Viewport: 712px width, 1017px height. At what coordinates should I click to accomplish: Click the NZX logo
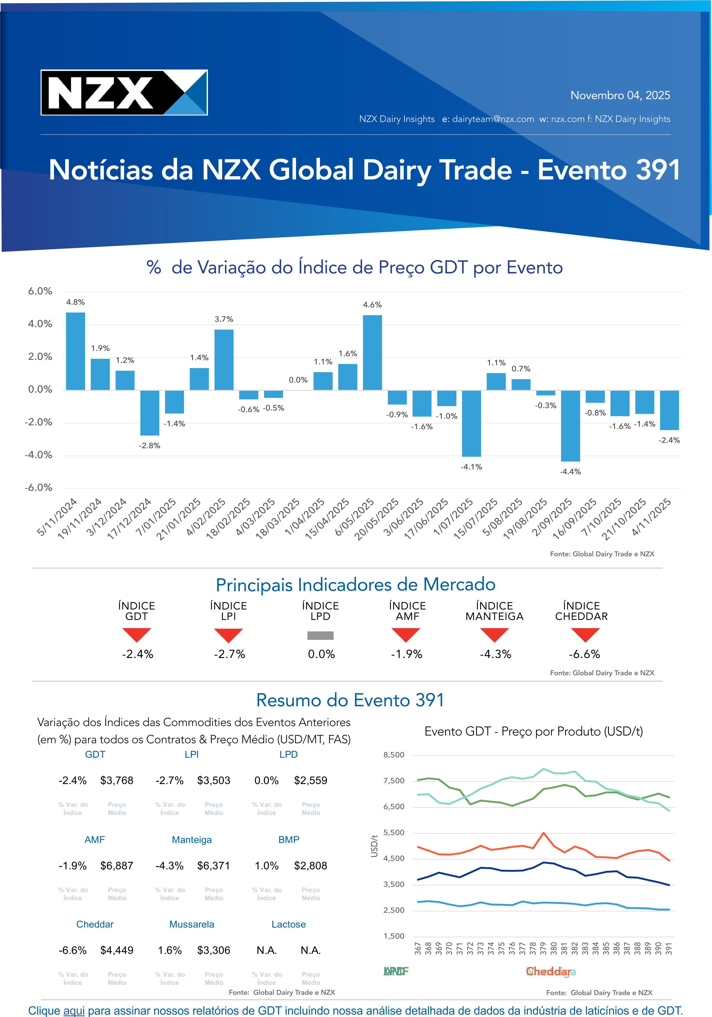(124, 93)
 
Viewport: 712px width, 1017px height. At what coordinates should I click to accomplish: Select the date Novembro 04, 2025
(620, 95)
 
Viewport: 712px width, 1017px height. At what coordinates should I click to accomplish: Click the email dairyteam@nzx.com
(493, 119)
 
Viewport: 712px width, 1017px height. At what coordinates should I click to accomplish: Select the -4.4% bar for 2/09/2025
(570, 425)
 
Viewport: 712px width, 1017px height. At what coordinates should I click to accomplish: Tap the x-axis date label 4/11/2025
(652, 517)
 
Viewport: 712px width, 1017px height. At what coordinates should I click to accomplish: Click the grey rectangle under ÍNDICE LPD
(320, 636)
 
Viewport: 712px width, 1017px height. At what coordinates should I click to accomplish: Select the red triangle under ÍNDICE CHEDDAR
(585, 634)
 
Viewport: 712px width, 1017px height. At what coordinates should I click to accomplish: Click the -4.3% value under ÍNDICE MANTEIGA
(495, 654)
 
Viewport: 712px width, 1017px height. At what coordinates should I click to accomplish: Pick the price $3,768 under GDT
(116, 780)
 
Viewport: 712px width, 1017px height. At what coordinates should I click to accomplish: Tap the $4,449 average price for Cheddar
(116, 950)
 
